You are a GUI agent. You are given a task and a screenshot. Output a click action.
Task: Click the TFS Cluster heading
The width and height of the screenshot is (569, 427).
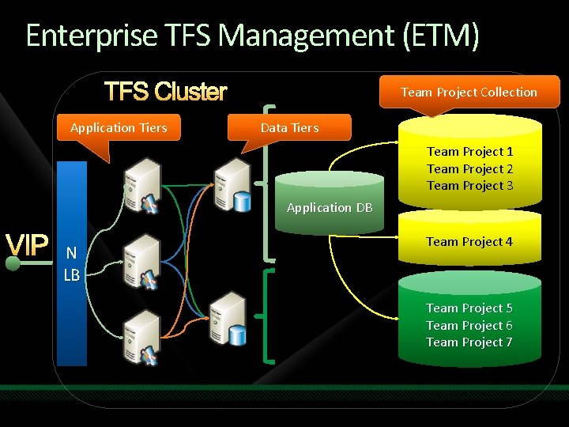(x=166, y=93)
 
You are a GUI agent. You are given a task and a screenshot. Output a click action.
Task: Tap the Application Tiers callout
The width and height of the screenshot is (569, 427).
(x=119, y=127)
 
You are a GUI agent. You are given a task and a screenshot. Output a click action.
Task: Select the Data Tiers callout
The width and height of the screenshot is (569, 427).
(x=289, y=127)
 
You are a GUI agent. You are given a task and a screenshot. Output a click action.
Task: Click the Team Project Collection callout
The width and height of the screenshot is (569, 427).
(x=469, y=92)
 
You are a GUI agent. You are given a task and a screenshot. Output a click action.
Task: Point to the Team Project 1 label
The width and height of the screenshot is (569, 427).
(x=469, y=151)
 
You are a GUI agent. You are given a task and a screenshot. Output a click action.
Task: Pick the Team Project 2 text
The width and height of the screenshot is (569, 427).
(x=469, y=168)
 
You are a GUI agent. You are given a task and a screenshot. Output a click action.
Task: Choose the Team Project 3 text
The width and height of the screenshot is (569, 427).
(x=469, y=185)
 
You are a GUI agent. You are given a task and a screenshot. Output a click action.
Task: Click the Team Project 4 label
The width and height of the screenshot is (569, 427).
(x=469, y=241)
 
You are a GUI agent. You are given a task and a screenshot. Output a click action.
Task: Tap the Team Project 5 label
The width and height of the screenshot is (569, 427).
(x=469, y=308)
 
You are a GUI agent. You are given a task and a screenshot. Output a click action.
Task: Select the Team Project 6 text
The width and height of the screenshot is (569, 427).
(x=469, y=325)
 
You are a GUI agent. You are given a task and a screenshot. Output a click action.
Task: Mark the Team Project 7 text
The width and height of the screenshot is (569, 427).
(x=469, y=342)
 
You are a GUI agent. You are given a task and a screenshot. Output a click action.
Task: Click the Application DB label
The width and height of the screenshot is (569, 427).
(x=330, y=207)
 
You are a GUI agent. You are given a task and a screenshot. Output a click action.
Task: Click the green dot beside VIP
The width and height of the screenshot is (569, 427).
(x=13, y=263)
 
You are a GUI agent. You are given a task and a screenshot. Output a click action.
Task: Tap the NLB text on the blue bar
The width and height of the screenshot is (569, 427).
(x=71, y=264)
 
